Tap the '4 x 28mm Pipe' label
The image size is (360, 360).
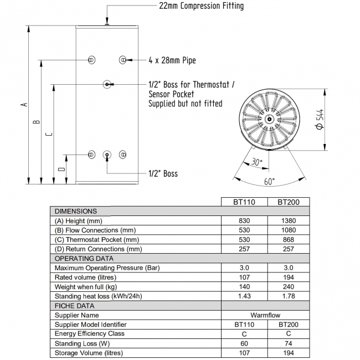click(x=172, y=60)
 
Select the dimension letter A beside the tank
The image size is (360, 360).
click(x=23, y=104)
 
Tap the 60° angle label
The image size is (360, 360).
click(x=269, y=182)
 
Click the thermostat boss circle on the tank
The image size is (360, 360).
click(x=107, y=84)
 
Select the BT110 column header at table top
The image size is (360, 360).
click(x=245, y=202)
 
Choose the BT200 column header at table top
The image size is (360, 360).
click(x=289, y=202)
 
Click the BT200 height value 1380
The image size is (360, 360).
click(x=289, y=220)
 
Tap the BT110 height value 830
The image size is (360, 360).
click(x=245, y=220)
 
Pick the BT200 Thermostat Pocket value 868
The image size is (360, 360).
click(x=289, y=239)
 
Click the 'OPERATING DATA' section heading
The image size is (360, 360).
click(x=84, y=258)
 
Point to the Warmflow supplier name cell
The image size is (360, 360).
click(x=266, y=315)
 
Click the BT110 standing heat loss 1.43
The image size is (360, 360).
click(x=245, y=296)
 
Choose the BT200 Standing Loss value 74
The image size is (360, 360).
click(x=289, y=343)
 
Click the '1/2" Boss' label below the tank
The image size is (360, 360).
click(x=163, y=173)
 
